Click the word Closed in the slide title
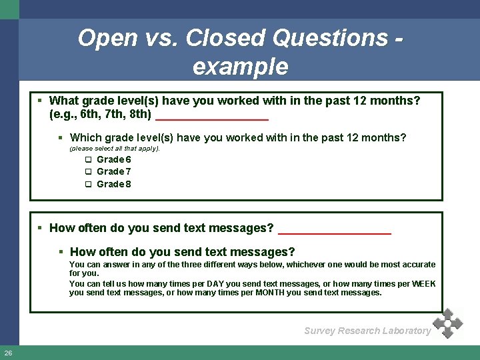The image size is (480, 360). coord(221,38)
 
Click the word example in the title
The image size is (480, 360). coord(240,67)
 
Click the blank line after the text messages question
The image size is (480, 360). coord(334,231)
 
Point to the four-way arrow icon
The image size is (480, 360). coord(447,323)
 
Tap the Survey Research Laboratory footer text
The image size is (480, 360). coord(367,331)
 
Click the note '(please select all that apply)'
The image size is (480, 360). coord(115,149)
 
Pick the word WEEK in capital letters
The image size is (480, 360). coord(423,284)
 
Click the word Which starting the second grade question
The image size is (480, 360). coord(85,138)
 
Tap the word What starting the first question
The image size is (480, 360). coord(64,101)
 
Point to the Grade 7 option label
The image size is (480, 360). coord(113,172)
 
